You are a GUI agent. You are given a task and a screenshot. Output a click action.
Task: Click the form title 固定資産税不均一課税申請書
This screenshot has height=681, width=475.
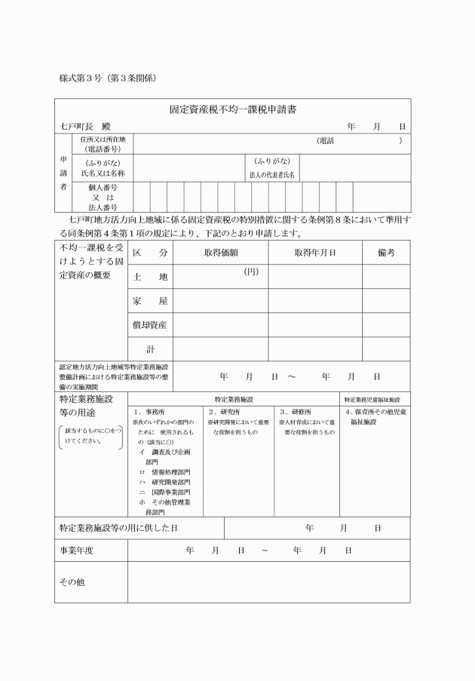tap(232, 109)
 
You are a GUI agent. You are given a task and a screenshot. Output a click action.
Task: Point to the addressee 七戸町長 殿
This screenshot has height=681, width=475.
tap(84, 127)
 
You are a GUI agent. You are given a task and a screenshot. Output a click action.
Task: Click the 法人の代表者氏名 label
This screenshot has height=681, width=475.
tap(272, 174)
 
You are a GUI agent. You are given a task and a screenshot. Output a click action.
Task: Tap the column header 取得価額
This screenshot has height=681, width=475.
tap(221, 253)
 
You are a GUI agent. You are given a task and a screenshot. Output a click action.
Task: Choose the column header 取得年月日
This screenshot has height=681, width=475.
tap(314, 253)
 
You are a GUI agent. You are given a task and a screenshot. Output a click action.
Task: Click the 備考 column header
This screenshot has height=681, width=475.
tap(386, 253)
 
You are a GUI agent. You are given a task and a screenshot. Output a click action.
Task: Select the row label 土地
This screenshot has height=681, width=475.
tap(151, 277)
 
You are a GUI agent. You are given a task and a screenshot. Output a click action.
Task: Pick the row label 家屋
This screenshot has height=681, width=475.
tap(151, 301)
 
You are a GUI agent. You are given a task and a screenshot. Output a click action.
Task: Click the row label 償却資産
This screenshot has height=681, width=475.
tap(151, 325)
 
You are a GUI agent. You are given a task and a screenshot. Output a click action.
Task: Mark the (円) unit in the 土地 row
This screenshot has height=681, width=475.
tap(251, 271)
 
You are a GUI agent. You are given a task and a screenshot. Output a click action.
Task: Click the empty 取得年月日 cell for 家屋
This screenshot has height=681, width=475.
tap(314, 301)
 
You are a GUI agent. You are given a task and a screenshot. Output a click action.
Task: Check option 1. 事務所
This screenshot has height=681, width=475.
tap(154, 412)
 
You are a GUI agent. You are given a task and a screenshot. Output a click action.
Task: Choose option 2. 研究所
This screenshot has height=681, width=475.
tap(224, 412)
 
